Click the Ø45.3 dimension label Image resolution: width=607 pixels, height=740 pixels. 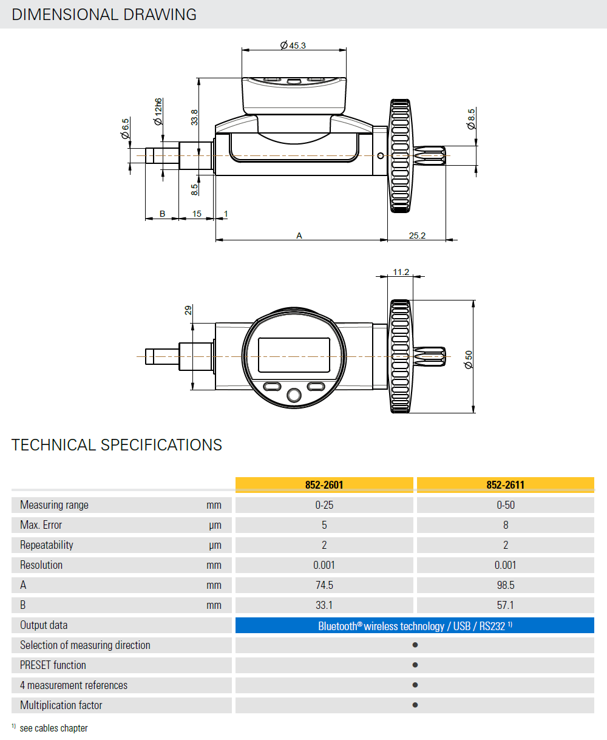pyautogui.click(x=293, y=46)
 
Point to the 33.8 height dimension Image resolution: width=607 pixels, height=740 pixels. pyautogui.click(x=194, y=117)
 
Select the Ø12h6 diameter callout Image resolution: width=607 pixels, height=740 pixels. pyautogui.click(x=158, y=112)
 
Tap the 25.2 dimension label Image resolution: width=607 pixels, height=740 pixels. pyautogui.click(x=417, y=236)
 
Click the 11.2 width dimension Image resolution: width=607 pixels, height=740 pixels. pyautogui.click(x=401, y=272)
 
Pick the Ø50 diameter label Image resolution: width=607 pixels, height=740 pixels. pyautogui.click(x=469, y=359)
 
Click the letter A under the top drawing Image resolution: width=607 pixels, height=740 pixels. pyautogui.click(x=299, y=236)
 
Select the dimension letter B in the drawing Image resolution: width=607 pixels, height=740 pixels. pyautogui.click(x=162, y=214)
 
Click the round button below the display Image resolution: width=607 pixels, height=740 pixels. pyautogui.click(x=294, y=395)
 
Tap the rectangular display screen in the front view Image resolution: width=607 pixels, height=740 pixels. pyautogui.click(x=294, y=355)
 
